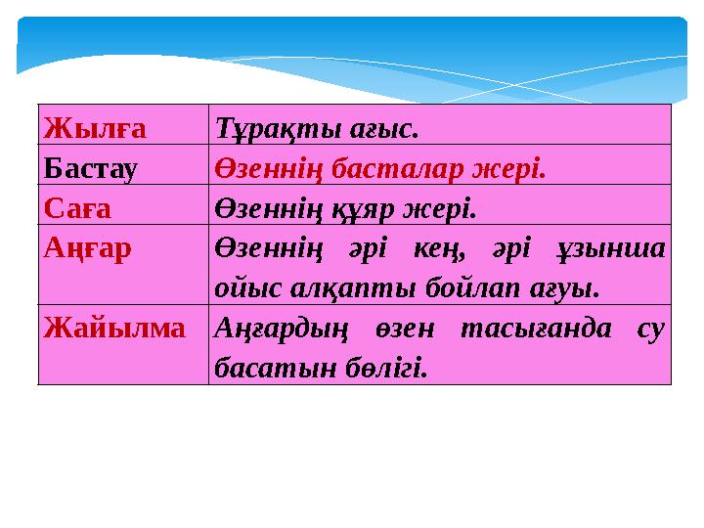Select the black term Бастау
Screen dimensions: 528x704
pyautogui.click(x=91, y=168)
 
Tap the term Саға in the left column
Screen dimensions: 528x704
pyautogui.click(x=78, y=208)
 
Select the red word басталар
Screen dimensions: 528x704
pyautogui.click(x=391, y=168)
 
